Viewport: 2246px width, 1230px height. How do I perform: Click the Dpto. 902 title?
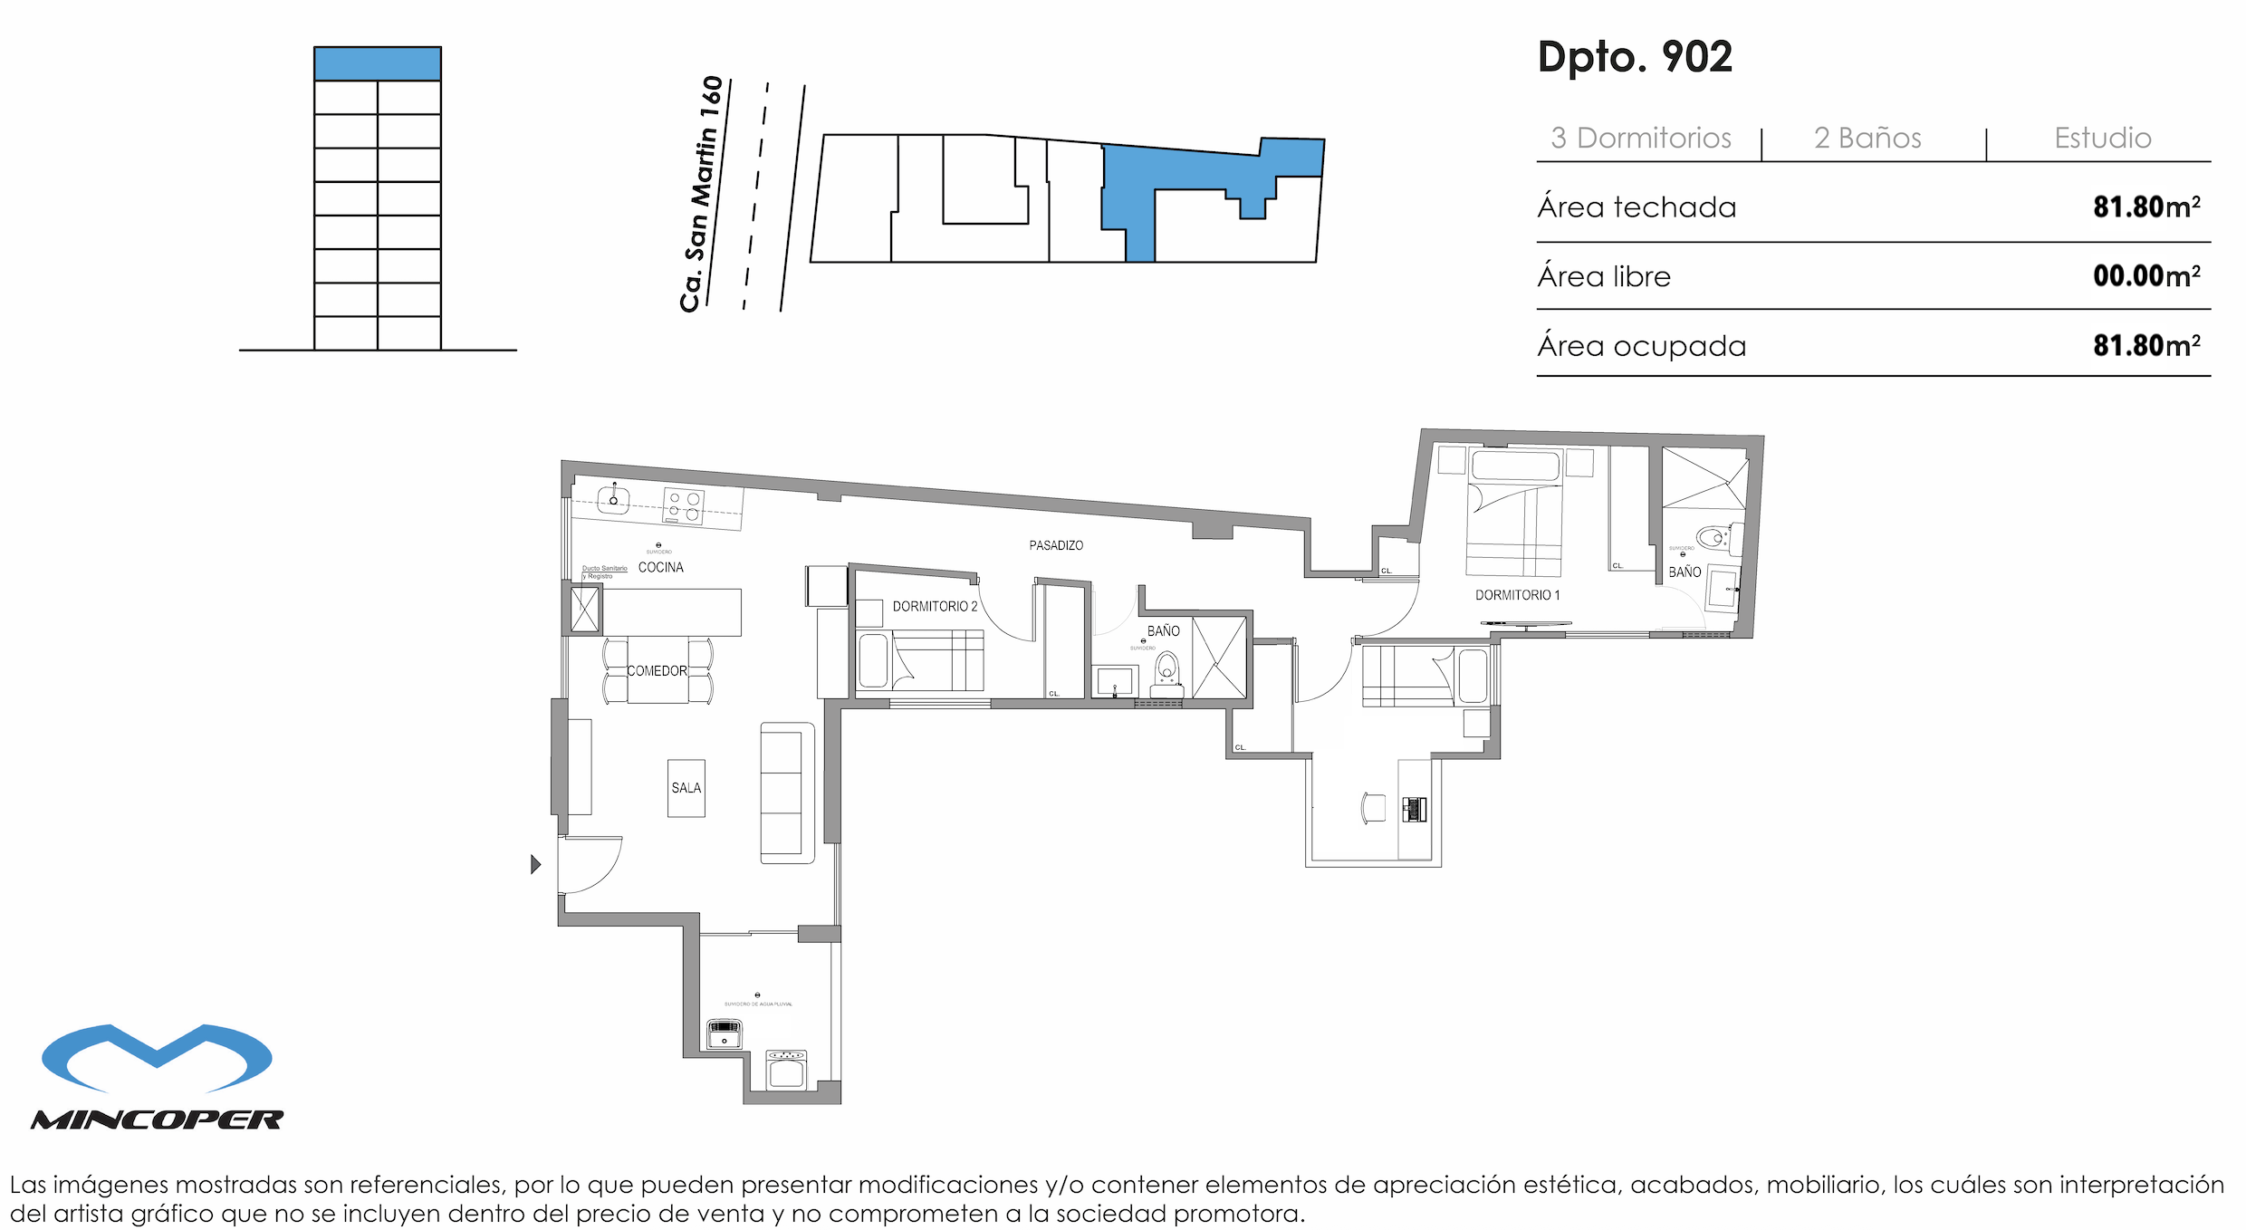[x=1635, y=57]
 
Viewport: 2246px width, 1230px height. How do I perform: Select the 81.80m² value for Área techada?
[x=2145, y=207]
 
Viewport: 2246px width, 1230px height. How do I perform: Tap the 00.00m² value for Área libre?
[x=2145, y=276]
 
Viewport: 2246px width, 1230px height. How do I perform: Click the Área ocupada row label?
[x=1641, y=346]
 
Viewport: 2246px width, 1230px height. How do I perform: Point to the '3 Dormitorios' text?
[x=1640, y=138]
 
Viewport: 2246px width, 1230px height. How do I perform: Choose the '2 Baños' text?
[x=1867, y=138]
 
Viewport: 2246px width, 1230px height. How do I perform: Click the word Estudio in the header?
[x=2102, y=138]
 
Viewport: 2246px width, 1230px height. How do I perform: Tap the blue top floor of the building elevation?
[x=377, y=64]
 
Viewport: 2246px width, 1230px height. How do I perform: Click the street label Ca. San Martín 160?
[x=701, y=194]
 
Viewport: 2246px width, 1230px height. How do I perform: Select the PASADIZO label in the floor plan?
[x=1056, y=545]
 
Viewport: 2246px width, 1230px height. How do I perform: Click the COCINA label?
[x=660, y=567]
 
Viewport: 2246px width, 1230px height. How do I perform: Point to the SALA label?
[x=686, y=788]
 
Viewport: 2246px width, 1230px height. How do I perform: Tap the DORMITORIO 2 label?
[x=935, y=606]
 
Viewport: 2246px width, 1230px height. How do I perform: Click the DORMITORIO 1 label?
[x=1517, y=595]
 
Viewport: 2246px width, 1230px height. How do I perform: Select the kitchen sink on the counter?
[x=613, y=500]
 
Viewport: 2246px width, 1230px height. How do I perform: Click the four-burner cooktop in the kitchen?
[x=683, y=505]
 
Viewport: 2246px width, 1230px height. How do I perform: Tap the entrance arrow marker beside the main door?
[x=535, y=864]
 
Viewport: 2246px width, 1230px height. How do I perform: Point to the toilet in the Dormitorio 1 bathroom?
[x=1713, y=538]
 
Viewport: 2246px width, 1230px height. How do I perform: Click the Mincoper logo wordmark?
[x=158, y=1120]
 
